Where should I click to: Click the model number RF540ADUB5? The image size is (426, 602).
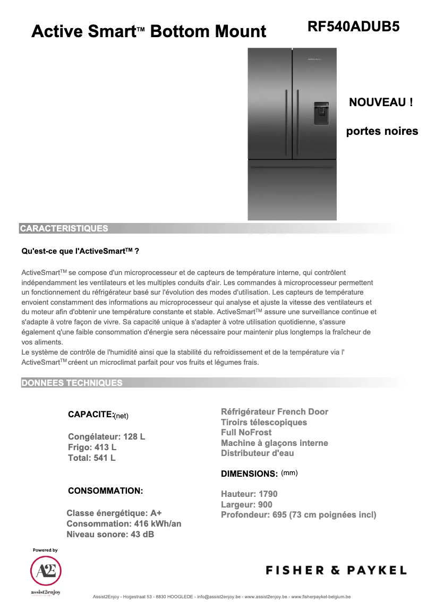(x=353, y=27)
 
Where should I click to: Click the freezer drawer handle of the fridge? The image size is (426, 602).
(x=292, y=168)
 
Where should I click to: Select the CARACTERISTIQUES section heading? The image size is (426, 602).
(x=64, y=229)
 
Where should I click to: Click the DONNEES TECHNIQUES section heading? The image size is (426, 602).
(x=71, y=383)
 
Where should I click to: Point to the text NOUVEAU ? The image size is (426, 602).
(x=381, y=102)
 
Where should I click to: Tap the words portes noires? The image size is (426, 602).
(x=382, y=131)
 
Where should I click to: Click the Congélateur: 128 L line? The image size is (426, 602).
(x=106, y=437)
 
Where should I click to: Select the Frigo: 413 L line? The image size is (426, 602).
(x=92, y=448)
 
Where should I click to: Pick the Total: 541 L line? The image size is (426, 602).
(x=91, y=458)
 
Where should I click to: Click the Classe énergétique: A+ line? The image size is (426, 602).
(x=114, y=513)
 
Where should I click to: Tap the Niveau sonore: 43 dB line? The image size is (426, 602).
(x=110, y=535)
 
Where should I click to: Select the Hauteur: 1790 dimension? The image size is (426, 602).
(x=249, y=494)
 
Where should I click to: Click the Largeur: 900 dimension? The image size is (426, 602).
(x=246, y=504)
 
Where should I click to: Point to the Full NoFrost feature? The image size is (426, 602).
(x=246, y=433)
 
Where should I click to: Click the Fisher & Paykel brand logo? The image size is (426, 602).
(x=336, y=571)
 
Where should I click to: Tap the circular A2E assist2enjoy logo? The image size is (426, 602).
(x=46, y=571)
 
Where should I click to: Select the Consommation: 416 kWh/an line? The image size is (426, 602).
(x=124, y=524)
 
